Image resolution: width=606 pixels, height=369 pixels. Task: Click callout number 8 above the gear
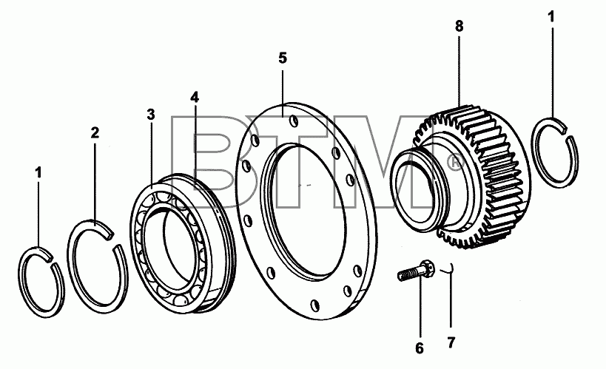pos(459,27)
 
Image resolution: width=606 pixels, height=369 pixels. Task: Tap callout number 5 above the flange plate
pos(283,58)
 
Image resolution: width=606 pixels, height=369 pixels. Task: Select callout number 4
pos(195,98)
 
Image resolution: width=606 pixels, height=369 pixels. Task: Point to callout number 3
pos(151,115)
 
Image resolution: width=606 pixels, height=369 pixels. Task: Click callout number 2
pos(95,133)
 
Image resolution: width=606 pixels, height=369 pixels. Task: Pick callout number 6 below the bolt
pos(420,348)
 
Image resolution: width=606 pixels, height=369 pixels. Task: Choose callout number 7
pos(451,342)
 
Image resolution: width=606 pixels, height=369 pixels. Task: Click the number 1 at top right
pos(551,16)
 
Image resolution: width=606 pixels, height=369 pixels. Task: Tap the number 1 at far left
pos(38,173)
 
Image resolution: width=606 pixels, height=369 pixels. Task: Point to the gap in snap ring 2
pos(113,239)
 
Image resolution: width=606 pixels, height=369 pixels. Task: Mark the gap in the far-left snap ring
pos(52,259)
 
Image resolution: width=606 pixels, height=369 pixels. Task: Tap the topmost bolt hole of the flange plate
pos(294,121)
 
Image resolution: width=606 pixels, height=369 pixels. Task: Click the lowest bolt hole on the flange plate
pos(316,305)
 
